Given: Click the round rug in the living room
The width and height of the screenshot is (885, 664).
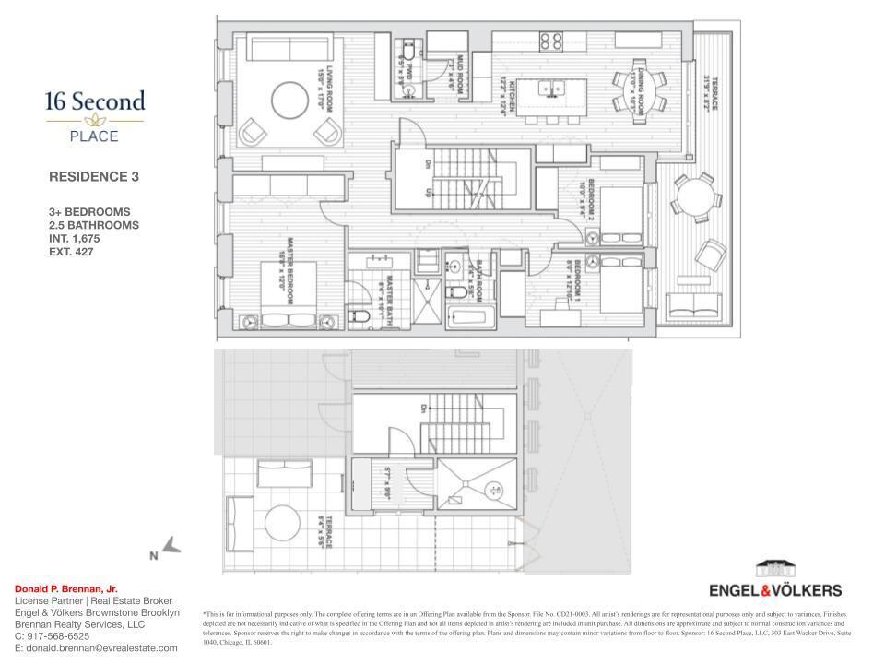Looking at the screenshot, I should click(289, 100).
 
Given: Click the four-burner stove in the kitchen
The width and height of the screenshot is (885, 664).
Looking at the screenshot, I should click(551, 41).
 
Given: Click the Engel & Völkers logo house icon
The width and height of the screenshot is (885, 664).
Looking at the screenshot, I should click(774, 569).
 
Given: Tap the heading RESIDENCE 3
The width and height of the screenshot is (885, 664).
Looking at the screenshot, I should click(93, 176).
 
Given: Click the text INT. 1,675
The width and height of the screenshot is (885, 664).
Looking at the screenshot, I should click(74, 238).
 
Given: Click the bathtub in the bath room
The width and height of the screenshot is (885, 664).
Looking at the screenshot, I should click(470, 319).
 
